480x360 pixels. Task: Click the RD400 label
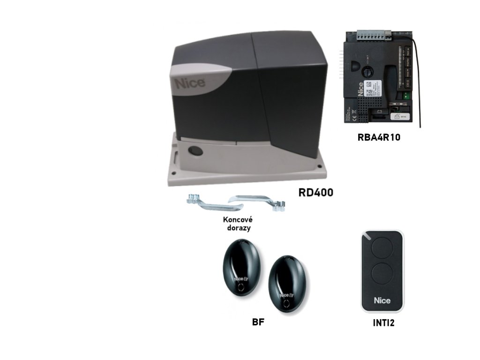315,192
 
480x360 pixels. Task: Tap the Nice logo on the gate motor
190,83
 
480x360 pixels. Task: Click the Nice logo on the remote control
382,300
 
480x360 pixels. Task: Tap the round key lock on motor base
193,151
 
